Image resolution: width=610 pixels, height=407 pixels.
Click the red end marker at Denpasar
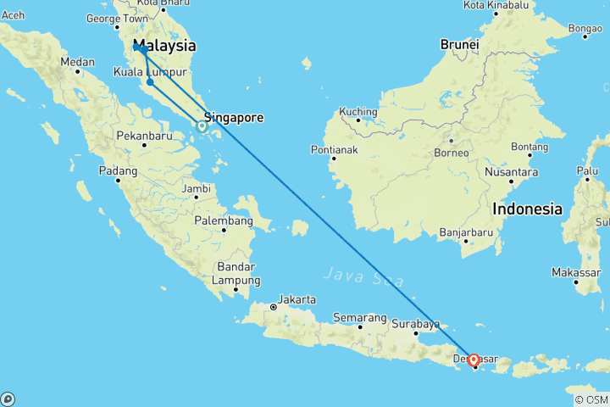tap(473, 360)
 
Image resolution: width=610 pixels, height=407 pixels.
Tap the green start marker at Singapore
tap(202, 126)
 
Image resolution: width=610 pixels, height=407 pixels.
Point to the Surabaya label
tap(416, 323)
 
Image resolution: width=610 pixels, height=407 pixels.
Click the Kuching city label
tap(357, 111)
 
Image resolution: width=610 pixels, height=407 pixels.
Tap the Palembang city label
tap(224, 220)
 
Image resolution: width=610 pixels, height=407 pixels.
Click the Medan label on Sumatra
tap(77, 61)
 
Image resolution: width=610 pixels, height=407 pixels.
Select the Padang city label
tap(119, 170)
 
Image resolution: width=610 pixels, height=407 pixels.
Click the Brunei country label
tap(459, 44)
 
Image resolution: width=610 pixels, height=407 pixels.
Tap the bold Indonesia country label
tap(528, 209)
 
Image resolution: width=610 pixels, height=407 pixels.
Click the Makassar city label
tap(575, 272)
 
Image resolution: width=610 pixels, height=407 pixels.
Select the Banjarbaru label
tap(466, 231)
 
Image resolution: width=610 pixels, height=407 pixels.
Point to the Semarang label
tap(360, 318)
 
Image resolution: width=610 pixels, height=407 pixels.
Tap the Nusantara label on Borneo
tap(512, 170)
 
